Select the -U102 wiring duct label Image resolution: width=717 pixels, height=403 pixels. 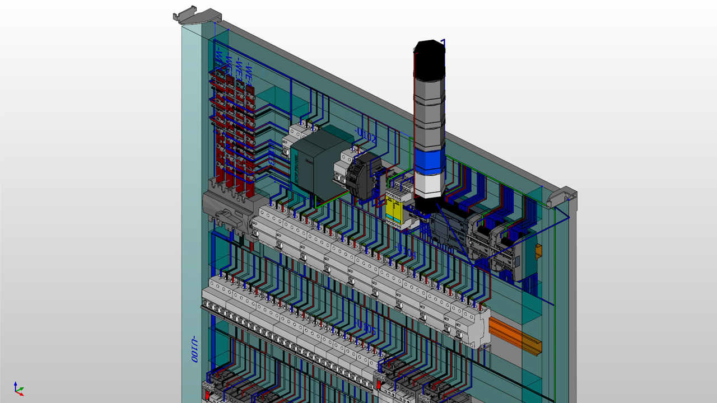click(366, 134)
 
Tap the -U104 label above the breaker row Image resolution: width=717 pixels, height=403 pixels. click(406, 251)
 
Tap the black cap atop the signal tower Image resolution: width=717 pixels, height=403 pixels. click(430, 56)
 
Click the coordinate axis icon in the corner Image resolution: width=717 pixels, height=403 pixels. click(18, 388)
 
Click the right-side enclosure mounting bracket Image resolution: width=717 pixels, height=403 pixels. click(562, 197)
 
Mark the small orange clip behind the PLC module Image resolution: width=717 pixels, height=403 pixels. click(539, 251)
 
